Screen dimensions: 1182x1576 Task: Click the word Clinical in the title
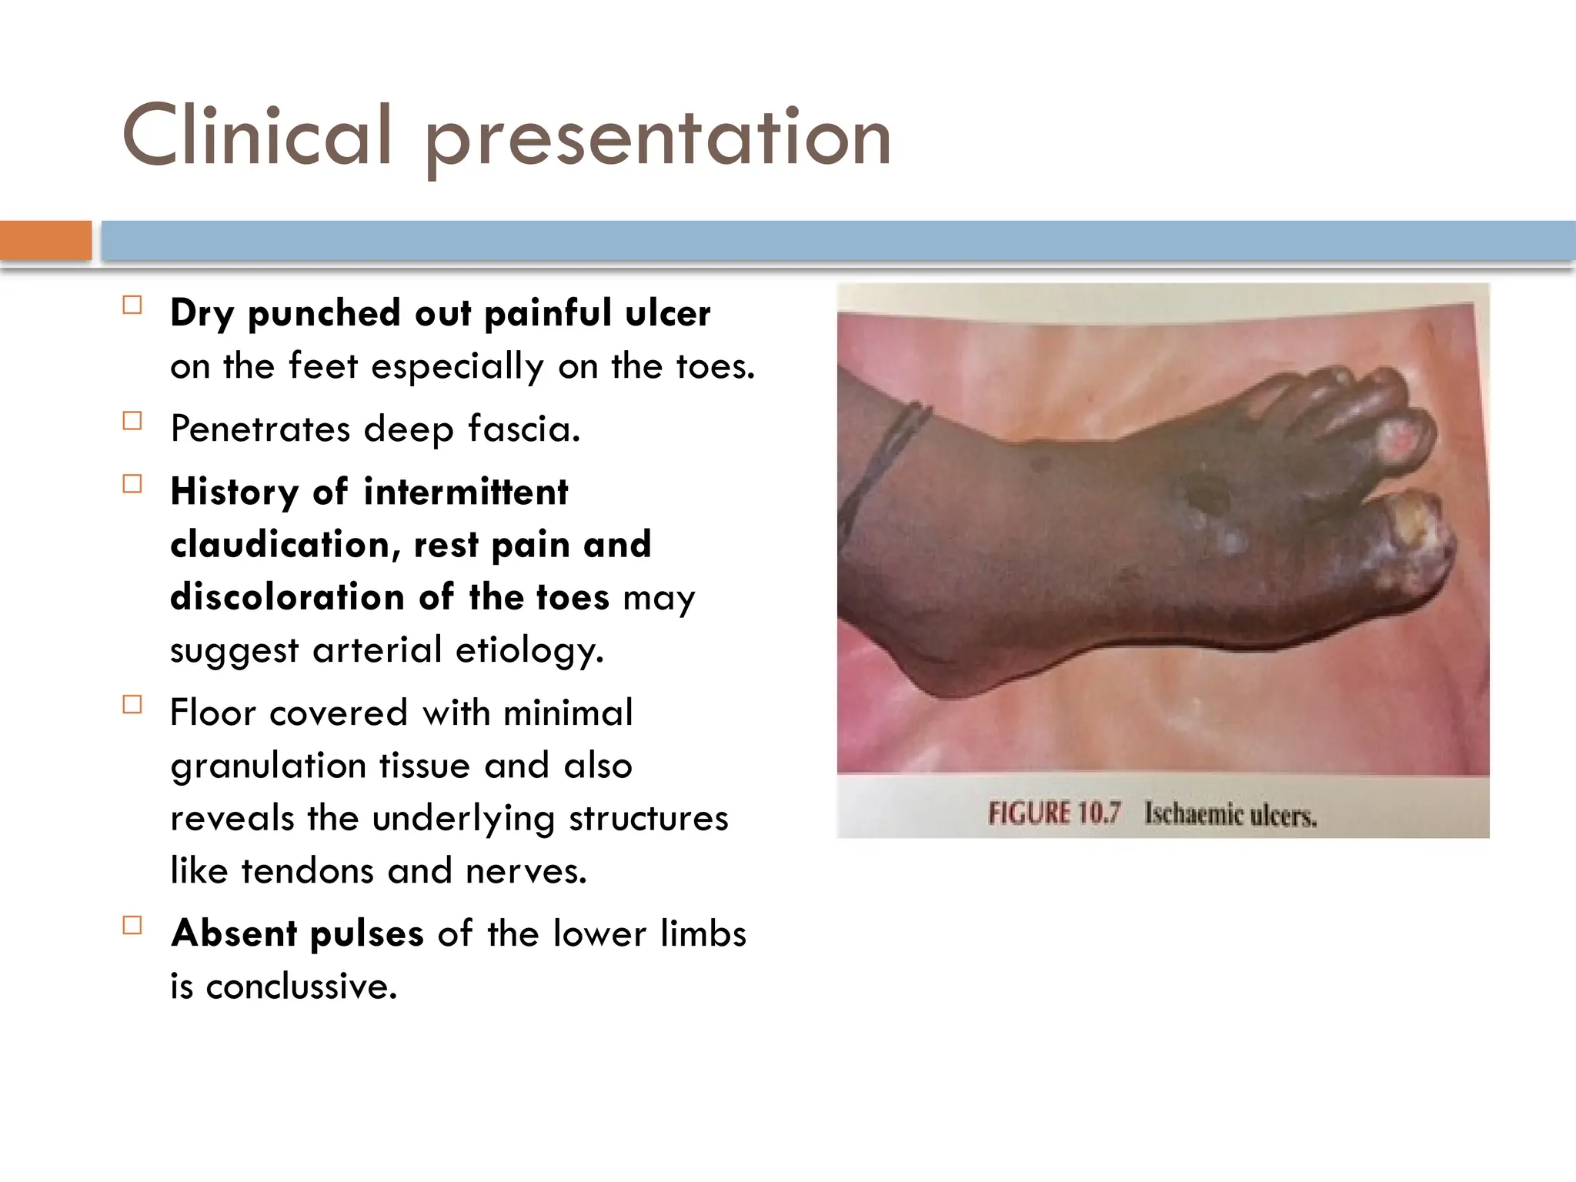pos(258,137)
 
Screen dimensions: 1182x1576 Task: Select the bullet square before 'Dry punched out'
pos(132,306)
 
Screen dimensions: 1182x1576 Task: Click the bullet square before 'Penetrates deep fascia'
pos(132,421)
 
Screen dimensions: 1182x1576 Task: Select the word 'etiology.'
pos(529,650)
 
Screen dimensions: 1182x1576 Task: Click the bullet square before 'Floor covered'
pos(132,705)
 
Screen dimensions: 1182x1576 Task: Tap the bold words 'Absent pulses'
pos(297,933)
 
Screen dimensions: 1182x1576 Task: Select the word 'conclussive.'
pos(302,987)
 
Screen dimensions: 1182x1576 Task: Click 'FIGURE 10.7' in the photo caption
pos(1054,813)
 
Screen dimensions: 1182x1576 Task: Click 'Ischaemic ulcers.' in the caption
pos(1230,815)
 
